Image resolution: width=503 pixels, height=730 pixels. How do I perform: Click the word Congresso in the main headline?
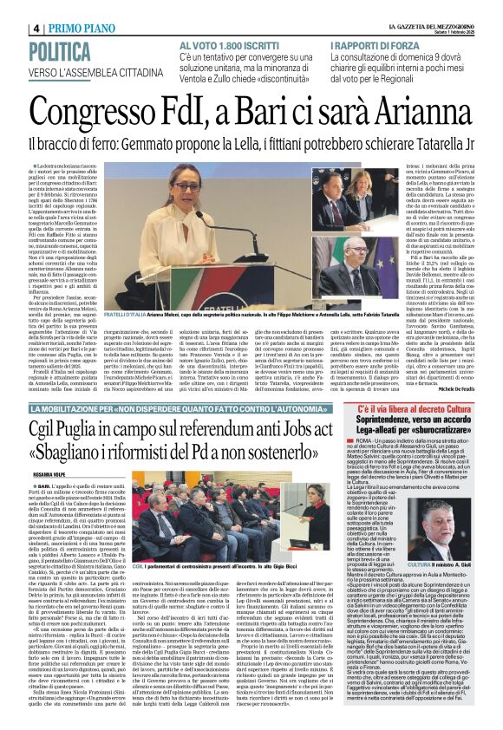(x=114, y=113)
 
